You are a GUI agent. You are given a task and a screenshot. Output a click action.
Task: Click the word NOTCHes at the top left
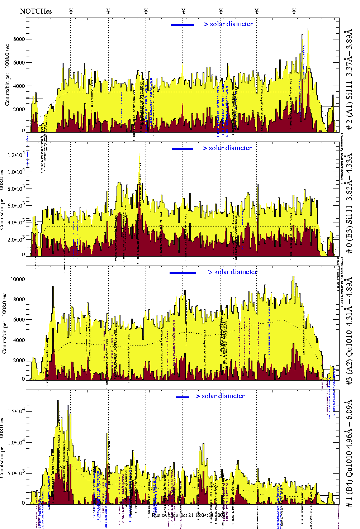[36, 11]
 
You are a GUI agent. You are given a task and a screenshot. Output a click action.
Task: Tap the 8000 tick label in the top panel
[19, 39]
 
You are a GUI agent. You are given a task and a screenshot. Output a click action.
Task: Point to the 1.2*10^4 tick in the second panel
[17, 155]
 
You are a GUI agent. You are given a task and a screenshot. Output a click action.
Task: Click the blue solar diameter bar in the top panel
[183, 25]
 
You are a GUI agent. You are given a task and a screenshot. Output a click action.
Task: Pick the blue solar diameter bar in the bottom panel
[183, 397]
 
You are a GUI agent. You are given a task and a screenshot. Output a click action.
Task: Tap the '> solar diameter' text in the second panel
[227, 148]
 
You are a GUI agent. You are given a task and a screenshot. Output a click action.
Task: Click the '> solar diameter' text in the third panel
[232, 272]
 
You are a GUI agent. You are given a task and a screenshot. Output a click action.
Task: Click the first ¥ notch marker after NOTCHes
[71, 11]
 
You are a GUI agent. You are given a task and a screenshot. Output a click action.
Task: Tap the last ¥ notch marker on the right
[294, 11]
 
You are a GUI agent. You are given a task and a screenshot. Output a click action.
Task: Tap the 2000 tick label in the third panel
[19, 360]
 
